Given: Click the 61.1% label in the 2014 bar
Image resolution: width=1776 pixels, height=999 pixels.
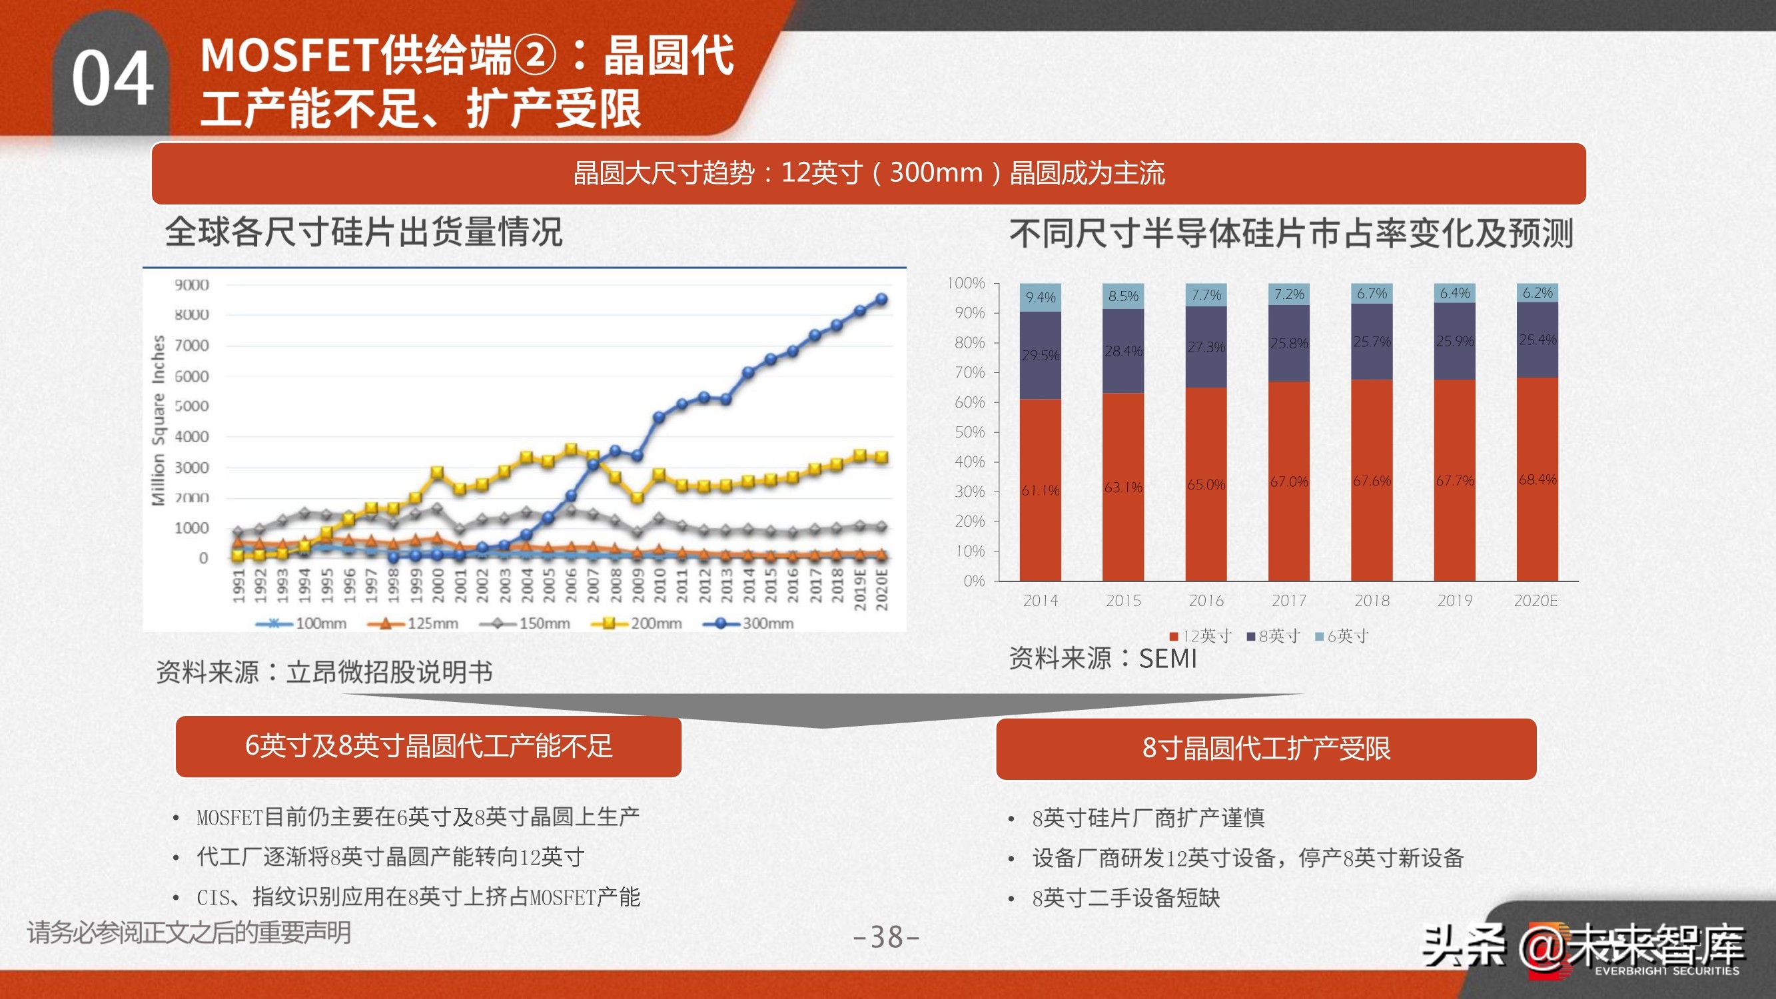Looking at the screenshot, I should [x=1040, y=490].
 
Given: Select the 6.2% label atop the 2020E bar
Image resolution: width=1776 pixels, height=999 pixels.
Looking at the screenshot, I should [x=1538, y=293].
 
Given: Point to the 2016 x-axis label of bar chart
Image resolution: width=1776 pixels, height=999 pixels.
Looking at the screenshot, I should [x=1206, y=601].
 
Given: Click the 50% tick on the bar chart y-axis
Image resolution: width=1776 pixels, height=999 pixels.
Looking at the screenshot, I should [x=969, y=432].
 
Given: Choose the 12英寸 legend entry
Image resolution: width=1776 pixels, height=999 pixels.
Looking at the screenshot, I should [x=1201, y=635].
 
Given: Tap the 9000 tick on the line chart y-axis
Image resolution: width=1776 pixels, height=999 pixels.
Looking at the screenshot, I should [x=191, y=285].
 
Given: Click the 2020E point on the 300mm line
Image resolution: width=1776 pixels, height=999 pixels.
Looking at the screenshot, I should [x=881, y=299].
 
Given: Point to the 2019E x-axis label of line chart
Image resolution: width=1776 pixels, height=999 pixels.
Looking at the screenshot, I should [x=860, y=589].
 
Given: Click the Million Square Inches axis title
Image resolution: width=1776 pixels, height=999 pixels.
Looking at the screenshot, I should [x=159, y=420].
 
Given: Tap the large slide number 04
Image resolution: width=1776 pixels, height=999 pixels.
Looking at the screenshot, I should [x=113, y=79].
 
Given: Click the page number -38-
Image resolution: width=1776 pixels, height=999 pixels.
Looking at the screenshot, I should [x=887, y=937].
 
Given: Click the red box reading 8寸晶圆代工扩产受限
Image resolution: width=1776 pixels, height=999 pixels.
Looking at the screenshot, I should [x=1266, y=749].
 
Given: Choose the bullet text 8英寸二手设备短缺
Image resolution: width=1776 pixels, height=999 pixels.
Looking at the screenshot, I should [x=1125, y=898].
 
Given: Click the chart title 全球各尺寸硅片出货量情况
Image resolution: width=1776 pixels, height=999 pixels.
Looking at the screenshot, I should [x=364, y=232].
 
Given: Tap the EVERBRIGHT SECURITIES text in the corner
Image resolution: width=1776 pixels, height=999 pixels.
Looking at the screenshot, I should [x=1666, y=971].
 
